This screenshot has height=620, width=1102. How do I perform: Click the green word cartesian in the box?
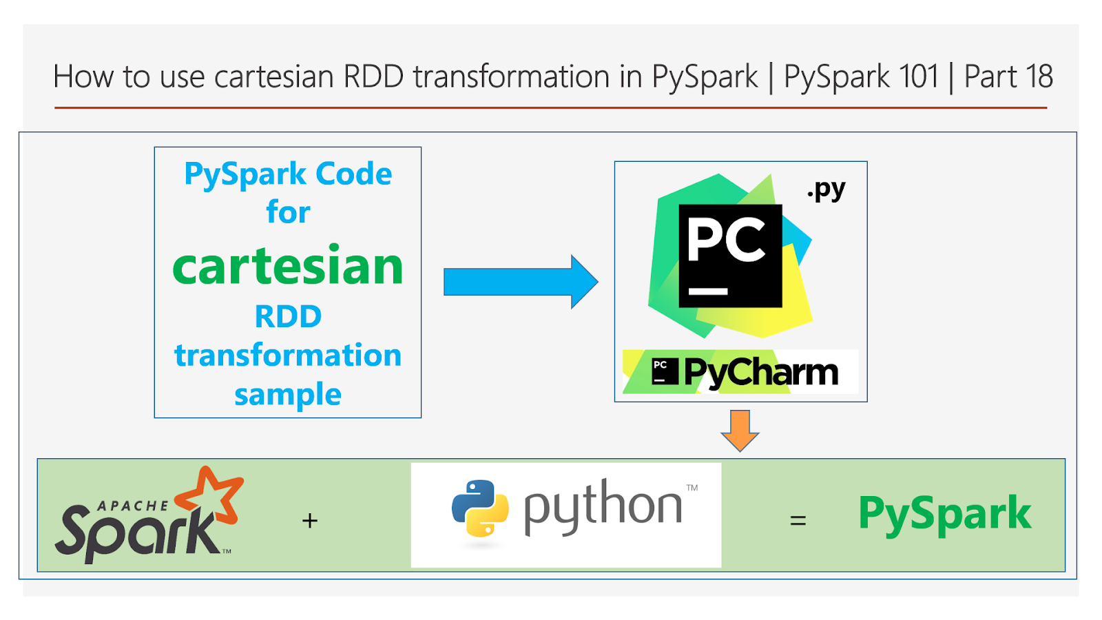point(288,267)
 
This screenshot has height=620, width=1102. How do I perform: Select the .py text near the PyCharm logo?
point(826,189)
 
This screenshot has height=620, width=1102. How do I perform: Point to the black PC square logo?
point(730,256)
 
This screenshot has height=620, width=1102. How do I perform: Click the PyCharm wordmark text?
point(760,373)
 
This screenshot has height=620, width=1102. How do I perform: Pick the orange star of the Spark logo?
point(211,495)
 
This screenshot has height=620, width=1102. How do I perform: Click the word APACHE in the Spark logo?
point(132,506)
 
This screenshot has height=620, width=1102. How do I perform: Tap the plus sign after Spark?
point(310,521)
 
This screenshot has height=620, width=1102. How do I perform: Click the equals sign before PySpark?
point(798,521)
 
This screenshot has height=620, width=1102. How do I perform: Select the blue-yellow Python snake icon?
point(480,508)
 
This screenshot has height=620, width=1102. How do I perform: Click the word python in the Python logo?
point(603,508)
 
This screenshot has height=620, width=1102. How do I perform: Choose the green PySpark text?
point(944,514)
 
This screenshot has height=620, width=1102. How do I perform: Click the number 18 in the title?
point(1039,76)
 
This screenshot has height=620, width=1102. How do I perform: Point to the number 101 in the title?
point(918,76)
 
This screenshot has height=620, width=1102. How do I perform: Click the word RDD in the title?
point(373,76)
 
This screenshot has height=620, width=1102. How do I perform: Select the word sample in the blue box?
point(288,395)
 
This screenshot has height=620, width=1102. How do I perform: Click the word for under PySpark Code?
point(288,212)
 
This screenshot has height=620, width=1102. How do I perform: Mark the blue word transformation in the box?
point(288,355)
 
